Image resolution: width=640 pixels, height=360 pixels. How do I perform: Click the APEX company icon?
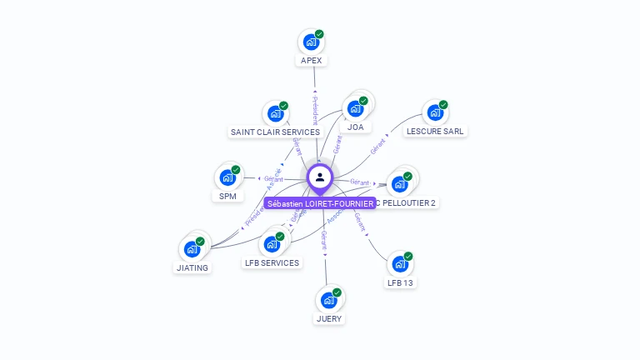click(311, 42)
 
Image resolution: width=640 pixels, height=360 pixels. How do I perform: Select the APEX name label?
click(311, 61)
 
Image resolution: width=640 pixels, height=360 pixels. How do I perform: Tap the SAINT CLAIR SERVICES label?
click(275, 132)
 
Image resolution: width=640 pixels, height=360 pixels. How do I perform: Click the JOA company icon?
click(356, 108)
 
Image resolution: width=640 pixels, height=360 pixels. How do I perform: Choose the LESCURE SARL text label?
click(435, 132)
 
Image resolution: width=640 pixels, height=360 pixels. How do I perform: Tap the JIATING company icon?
click(192, 248)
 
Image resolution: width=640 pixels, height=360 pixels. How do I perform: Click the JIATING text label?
click(192, 268)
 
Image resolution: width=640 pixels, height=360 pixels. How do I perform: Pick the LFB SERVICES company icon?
click(272, 244)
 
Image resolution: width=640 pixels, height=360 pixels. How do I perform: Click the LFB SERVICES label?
click(272, 263)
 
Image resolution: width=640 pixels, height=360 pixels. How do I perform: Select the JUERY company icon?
click(329, 299)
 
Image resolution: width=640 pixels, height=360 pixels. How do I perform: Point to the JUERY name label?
click(329, 318)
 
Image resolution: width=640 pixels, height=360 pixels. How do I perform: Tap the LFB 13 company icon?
click(400, 263)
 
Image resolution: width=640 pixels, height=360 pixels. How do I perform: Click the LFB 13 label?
click(400, 283)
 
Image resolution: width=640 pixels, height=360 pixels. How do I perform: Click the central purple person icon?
click(320, 177)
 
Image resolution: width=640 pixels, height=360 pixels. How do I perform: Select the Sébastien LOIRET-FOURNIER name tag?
click(320, 203)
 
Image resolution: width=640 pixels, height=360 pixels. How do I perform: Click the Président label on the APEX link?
click(315, 108)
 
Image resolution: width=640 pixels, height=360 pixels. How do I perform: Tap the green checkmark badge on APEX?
click(319, 34)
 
